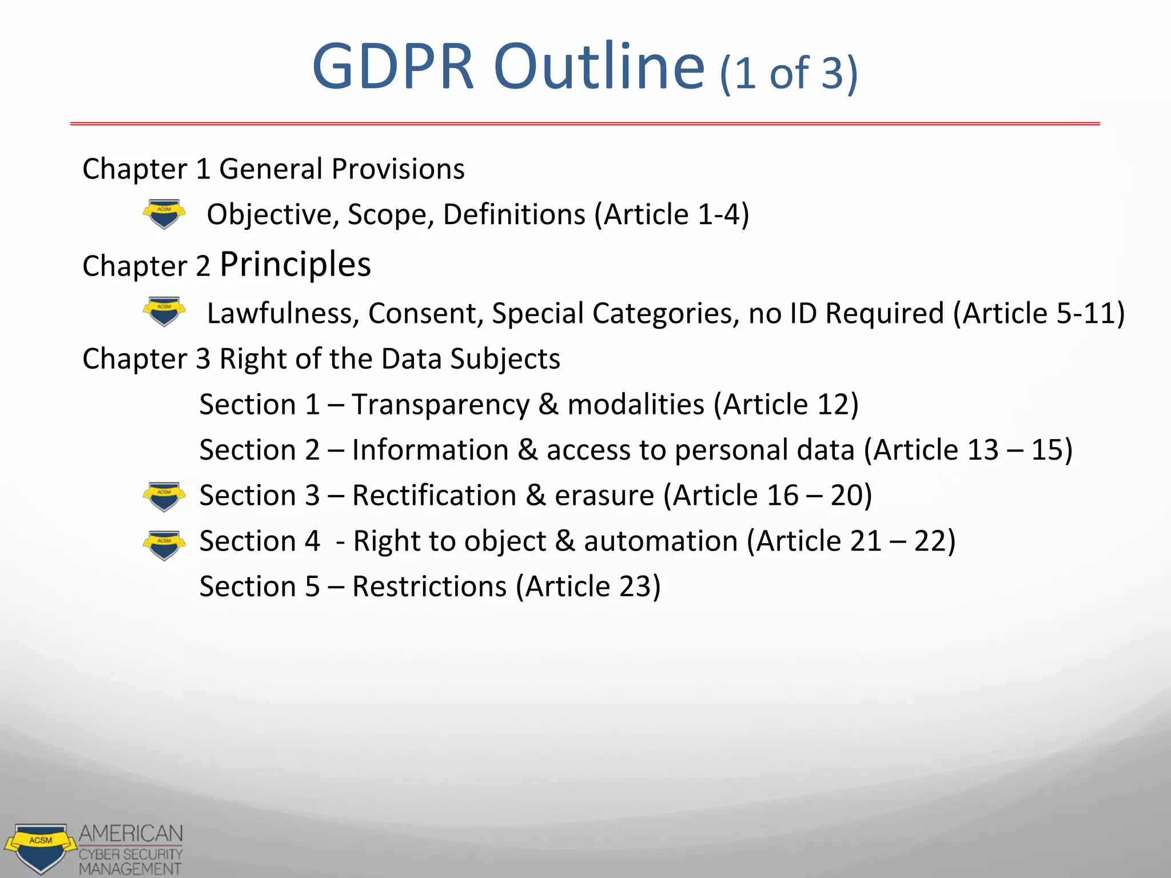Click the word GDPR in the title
point(393,67)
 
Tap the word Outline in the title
point(599,67)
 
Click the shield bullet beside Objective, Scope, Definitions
point(164,214)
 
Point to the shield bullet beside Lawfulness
point(164,312)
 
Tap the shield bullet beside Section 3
point(164,496)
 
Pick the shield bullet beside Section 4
point(164,545)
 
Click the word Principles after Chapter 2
point(296,265)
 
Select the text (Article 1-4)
point(672,215)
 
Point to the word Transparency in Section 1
point(441,405)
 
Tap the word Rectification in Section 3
point(434,496)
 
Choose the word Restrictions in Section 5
point(429,587)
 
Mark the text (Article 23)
point(588,587)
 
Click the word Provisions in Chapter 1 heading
point(398,169)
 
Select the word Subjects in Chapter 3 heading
point(505,360)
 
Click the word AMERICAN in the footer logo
point(131,833)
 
